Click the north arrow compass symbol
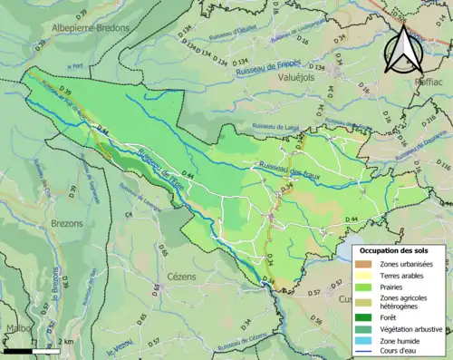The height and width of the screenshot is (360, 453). tap(403, 50)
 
